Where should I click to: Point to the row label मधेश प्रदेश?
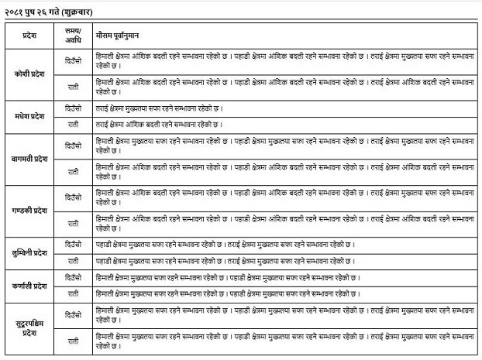[27, 115]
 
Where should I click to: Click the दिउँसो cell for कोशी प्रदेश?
[73, 60]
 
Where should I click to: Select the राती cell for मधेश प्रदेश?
[73, 123]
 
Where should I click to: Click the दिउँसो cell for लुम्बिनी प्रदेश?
[73, 244]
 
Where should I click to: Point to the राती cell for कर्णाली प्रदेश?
[73, 293]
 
